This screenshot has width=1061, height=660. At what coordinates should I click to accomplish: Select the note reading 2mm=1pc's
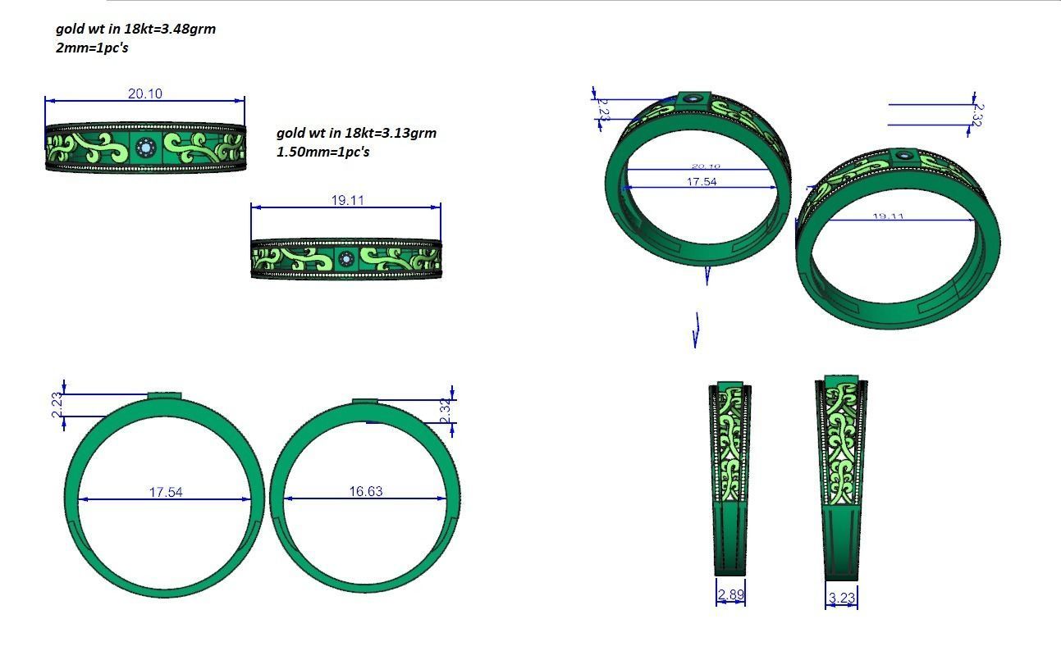coord(92,48)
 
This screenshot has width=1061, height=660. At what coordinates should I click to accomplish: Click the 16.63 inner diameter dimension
coord(365,492)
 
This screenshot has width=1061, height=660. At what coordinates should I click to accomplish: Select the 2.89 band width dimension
coord(730,594)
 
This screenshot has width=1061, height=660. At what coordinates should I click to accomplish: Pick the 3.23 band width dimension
coord(842,598)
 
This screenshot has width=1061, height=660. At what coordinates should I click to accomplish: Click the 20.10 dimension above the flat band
coord(144,93)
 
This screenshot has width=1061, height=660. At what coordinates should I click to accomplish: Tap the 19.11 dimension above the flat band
coord(346,200)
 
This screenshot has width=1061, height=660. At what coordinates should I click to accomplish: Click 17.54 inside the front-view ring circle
coord(165,492)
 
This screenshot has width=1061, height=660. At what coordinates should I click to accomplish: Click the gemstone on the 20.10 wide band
coord(146,148)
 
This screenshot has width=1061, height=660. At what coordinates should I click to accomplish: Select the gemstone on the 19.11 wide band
coord(345,260)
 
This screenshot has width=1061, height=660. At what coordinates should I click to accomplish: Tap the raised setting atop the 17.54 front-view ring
coord(164,395)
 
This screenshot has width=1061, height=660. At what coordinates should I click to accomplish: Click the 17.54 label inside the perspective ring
coord(701,182)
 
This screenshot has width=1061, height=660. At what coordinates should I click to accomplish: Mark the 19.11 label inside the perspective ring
coord(888,217)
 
